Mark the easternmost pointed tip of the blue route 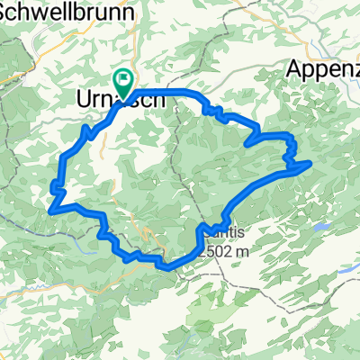(x=310, y=162)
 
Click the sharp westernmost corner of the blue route (x=49, y=209)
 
